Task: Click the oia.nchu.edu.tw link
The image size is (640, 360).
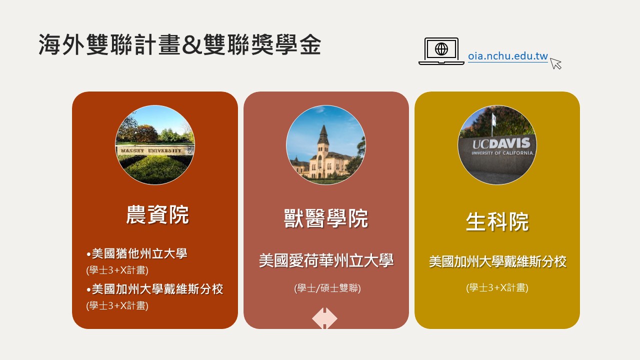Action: point(507,56)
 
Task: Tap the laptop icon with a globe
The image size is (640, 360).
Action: point(441,51)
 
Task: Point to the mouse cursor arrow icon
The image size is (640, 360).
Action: point(555,63)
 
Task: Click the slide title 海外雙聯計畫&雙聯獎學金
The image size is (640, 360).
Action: point(179,44)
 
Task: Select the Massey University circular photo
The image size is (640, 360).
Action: point(155,145)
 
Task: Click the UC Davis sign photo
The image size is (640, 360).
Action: point(497,145)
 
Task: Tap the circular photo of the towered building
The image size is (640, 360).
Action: point(325,145)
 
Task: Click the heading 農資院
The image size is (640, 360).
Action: point(157,214)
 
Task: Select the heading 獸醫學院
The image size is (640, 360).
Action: point(326,218)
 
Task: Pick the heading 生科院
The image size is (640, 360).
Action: point(497,221)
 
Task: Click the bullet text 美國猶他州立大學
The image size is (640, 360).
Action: point(139,253)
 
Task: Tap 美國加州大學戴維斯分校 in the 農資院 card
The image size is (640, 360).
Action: point(157,289)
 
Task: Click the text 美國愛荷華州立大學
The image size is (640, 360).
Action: point(326,260)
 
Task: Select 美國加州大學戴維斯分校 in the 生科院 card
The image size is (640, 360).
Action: point(497,261)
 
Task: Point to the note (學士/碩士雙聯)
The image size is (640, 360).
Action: point(327,288)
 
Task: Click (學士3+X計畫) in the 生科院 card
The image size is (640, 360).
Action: point(497,287)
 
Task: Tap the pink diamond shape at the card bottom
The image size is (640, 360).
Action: point(324,318)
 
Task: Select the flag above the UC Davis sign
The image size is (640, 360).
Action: point(493,117)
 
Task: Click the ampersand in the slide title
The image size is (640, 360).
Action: point(192,45)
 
